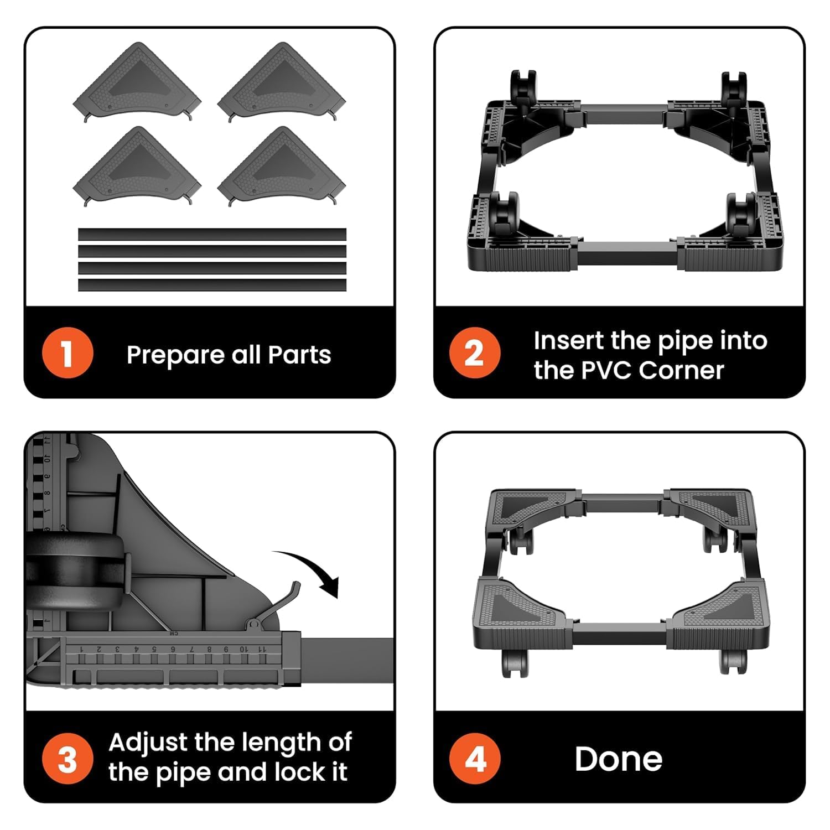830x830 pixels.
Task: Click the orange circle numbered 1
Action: pos(67,353)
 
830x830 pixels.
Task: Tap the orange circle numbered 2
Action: pos(475,353)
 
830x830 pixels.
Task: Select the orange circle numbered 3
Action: pos(67,759)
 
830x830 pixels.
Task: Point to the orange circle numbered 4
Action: pos(475,759)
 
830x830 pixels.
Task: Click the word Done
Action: pos(618,759)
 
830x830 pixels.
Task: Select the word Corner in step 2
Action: pos(681,370)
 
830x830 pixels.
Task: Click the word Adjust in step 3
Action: pos(147,743)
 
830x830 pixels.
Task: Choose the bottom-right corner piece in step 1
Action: pos(282,167)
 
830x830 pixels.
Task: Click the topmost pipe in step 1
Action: pos(212,234)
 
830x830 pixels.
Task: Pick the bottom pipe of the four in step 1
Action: pos(212,285)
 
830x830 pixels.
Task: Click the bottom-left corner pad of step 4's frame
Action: pos(517,614)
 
